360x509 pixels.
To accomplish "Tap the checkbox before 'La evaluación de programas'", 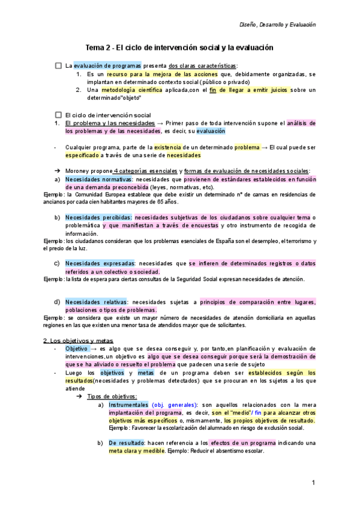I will [58, 65].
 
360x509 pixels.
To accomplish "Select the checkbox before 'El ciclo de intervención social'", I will [58, 115].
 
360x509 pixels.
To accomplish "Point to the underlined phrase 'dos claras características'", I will [203, 66].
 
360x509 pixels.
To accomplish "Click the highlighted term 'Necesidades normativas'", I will [98, 179].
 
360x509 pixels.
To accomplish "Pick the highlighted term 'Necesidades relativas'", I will [96, 301].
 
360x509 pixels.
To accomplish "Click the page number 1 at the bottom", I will [313, 483].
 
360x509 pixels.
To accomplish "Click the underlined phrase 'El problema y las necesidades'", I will [110, 123].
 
